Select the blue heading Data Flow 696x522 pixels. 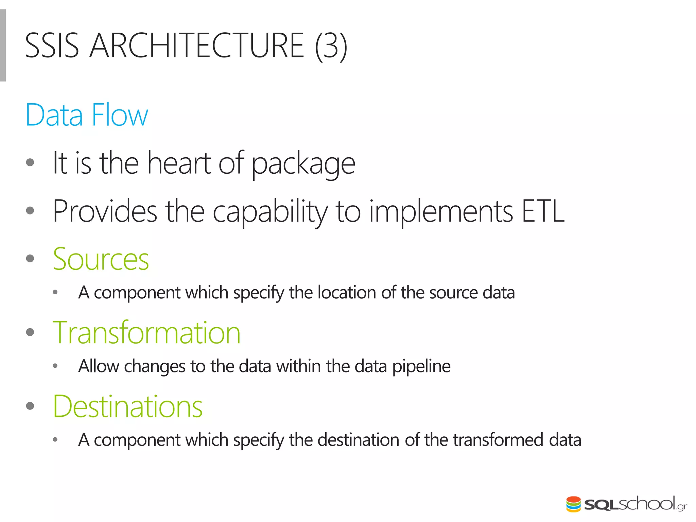87,115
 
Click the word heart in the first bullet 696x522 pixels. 179,163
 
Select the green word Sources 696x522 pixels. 101,259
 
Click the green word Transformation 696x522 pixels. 147,333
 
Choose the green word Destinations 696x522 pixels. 128,406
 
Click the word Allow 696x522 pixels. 99,366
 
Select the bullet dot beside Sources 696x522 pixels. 30,259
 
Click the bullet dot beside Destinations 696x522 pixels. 30,406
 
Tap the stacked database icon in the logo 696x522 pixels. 574,504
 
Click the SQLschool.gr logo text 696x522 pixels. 635,504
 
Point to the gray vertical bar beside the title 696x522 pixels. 3,45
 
